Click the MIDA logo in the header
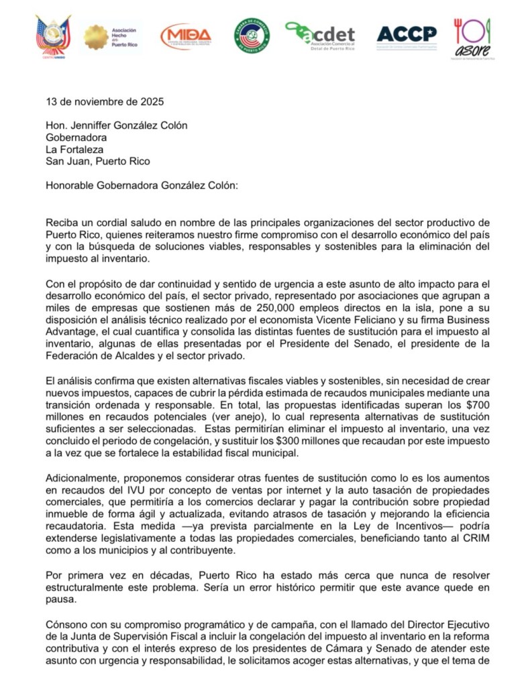pyautogui.click(x=186, y=36)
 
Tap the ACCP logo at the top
pyautogui.click(x=406, y=34)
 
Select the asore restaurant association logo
pyautogui.click(x=473, y=38)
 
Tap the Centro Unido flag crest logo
pyautogui.click(x=54, y=36)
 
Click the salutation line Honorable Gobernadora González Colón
pyautogui.click(x=142, y=184)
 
